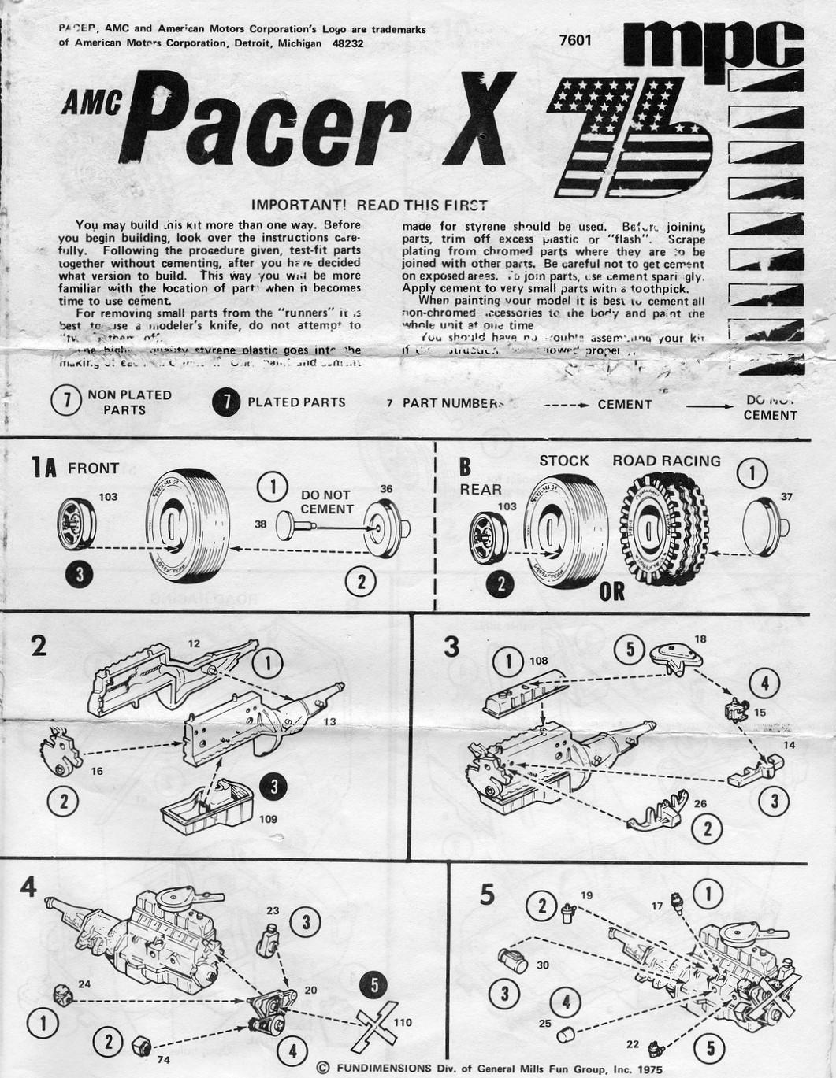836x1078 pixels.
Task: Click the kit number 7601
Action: pos(574,41)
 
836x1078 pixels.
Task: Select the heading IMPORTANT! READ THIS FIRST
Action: pos(369,205)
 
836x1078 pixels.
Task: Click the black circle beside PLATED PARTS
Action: pos(226,402)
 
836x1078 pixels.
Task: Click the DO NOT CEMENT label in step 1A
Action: pos(326,502)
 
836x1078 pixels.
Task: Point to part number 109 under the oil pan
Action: pos(268,819)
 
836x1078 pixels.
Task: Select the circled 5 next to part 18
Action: pos(630,650)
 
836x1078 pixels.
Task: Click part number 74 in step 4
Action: pos(163,1060)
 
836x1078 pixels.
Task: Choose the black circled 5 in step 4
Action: pos(374,984)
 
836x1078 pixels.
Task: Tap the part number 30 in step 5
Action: pos(543,965)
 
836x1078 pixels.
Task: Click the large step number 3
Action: pos(451,646)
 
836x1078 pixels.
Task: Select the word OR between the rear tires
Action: pos(611,591)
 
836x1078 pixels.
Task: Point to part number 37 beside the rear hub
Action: pos(786,496)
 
